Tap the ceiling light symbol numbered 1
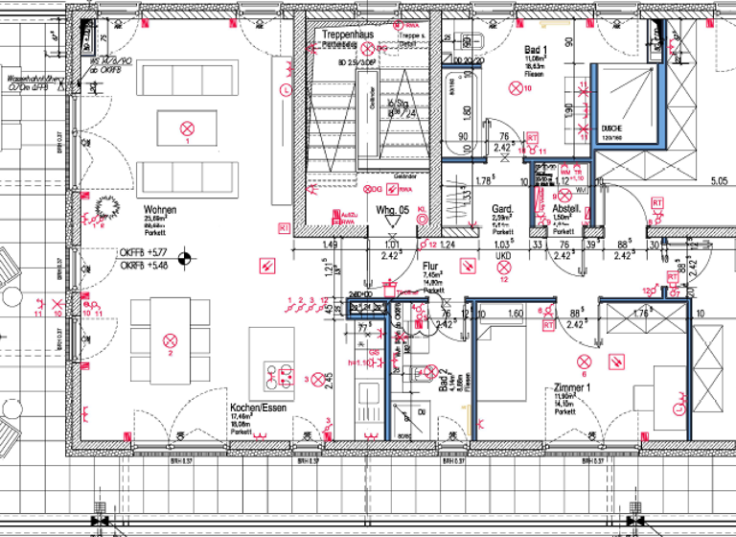(x=188, y=128)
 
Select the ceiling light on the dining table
(x=171, y=339)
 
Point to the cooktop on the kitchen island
(x=280, y=377)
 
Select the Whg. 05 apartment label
(x=392, y=209)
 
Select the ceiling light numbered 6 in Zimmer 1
(x=585, y=361)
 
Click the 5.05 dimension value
(x=719, y=179)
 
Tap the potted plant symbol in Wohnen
(x=99, y=207)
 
